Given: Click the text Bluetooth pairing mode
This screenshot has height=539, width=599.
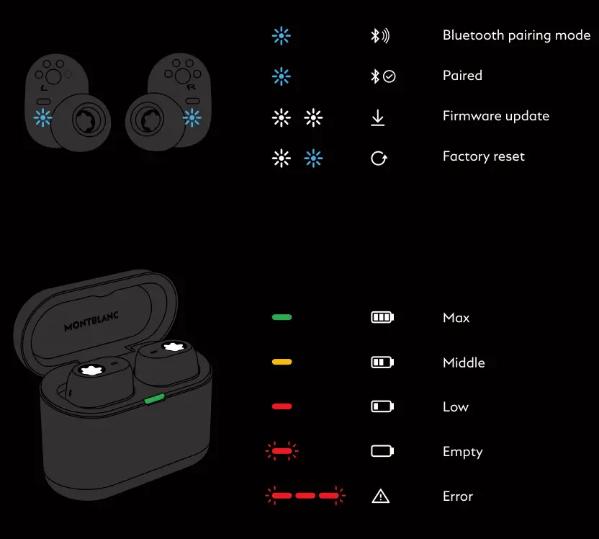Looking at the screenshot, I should [516, 35].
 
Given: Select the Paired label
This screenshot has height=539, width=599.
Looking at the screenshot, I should [462, 76].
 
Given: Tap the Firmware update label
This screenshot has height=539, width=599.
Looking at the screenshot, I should [495, 116].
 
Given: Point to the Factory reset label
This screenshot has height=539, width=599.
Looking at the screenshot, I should [483, 156].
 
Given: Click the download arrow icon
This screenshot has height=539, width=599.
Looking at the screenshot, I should [378, 117].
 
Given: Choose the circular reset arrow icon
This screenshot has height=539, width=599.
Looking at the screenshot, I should [379, 158].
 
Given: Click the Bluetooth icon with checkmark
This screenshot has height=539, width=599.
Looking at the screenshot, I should [382, 76].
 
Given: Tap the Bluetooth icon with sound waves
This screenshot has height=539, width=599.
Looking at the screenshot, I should [379, 36].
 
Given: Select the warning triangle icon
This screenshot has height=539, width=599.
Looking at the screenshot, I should [380, 496].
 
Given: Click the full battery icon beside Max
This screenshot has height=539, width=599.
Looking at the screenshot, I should [382, 317].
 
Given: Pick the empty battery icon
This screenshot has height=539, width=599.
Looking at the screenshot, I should [382, 451].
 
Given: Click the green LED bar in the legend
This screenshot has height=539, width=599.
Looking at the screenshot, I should [282, 317].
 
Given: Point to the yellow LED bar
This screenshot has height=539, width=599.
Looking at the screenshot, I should [282, 362].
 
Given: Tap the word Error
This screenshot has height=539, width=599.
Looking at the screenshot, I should [457, 496].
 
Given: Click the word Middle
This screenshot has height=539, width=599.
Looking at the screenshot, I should [464, 362].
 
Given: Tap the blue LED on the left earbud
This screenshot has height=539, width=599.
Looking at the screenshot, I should [44, 117].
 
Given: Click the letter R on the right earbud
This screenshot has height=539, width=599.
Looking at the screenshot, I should [191, 87].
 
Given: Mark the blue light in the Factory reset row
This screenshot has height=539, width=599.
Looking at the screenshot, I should [313, 158].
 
